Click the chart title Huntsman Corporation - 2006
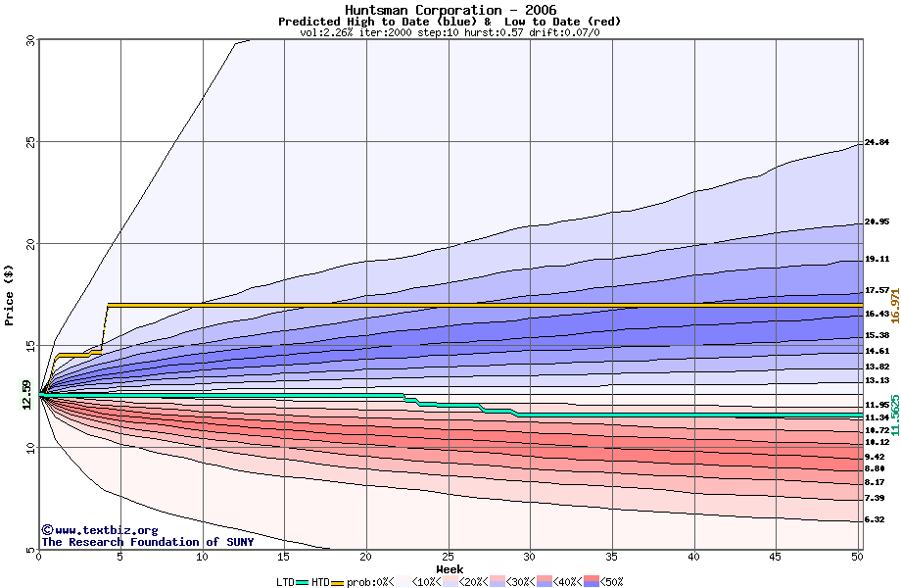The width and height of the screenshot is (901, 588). [x=450, y=10]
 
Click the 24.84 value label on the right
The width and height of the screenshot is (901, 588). [x=877, y=143]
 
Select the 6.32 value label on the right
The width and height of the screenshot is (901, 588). [x=877, y=520]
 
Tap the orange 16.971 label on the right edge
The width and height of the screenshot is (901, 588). [x=894, y=306]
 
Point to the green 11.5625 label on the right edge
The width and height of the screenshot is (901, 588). [x=894, y=416]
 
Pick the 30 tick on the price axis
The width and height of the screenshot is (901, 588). [x=28, y=41]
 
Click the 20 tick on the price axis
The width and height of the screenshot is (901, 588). [x=28, y=244]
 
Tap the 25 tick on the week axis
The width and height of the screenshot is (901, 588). [x=448, y=557]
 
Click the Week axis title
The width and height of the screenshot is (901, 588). [x=450, y=568]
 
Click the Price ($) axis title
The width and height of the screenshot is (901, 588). [x=10, y=294]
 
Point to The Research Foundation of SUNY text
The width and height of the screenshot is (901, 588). [x=147, y=542]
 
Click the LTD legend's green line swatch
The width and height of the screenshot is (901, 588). [x=302, y=582]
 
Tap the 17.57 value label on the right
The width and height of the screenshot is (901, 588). [x=877, y=291]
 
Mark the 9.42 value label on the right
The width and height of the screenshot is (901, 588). [x=877, y=457]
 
